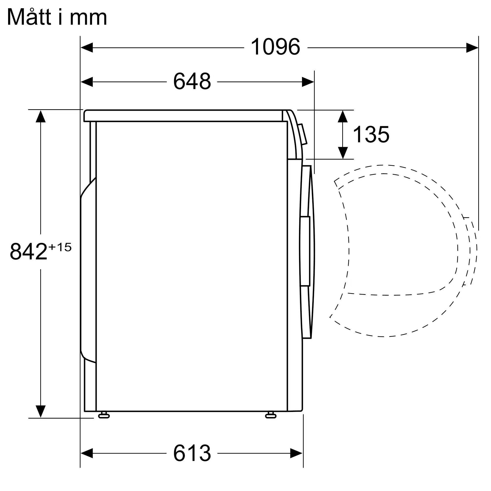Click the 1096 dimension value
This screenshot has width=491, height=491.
pyautogui.click(x=275, y=47)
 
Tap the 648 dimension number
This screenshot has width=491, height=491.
pyautogui.click(x=192, y=81)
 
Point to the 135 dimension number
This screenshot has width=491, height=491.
pyautogui.click(x=371, y=135)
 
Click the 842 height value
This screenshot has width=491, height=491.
pyautogui.click(x=28, y=251)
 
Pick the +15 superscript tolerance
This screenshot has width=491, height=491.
pyautogui.click(x=60, y=247)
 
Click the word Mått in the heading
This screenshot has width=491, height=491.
pyautogui.click(x=29, y=17)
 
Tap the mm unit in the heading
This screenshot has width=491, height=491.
pyautogui.click(x=88, y=18)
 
